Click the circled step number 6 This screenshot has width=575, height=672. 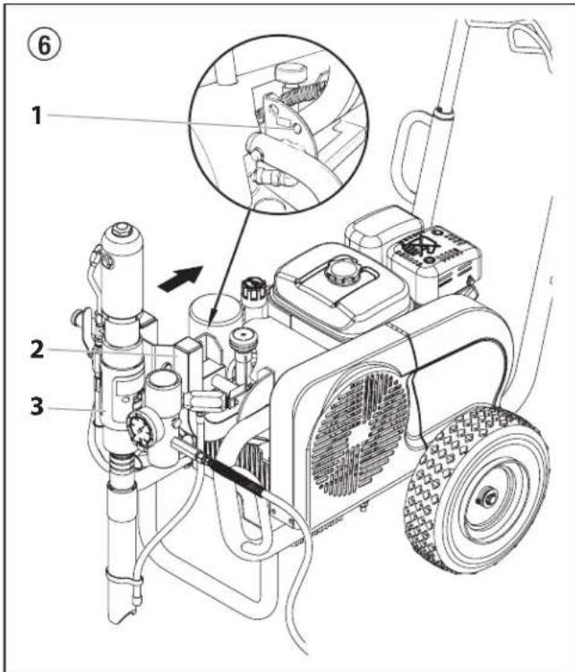click(44, 45)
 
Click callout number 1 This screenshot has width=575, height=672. click(37, 115)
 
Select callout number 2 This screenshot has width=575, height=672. click(37, 349)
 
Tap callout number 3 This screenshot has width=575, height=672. click(37, 406)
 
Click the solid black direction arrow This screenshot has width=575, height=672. click(180, 276)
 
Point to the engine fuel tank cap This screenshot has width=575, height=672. click(339, 270)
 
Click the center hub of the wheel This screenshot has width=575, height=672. click(489, 498)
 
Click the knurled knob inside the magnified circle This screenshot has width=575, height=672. click(293, 72)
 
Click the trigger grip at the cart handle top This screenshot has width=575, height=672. click(528, 43)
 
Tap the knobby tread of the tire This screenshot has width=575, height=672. click(428, 493)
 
